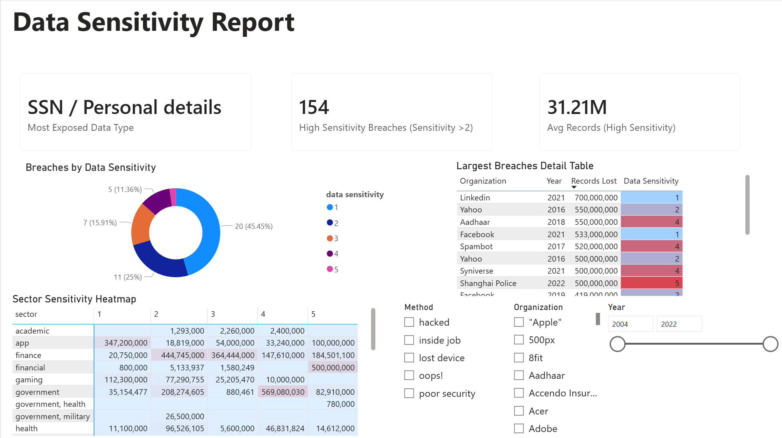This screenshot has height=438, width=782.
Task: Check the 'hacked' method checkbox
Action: click(x=409, y=322)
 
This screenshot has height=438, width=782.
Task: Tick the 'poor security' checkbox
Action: click(x=409, y=393)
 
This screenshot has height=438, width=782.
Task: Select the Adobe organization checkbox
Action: click(x=519, y=428)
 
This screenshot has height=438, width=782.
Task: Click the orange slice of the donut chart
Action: click(x=142, y=225)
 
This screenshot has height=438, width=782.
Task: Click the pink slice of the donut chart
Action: click(x=173, y=197)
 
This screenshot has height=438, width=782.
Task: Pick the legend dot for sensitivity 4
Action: click(x=330, y=254)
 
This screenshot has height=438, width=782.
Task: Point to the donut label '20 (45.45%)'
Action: click(x=254, y=226)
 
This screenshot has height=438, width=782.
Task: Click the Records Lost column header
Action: click(x=594, y=181)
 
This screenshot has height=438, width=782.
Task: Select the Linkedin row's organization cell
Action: click(x=475, y=198)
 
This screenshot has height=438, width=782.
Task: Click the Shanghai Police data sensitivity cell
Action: click(x=651, y=283)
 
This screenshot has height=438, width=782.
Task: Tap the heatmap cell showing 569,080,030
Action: click(x=283, y=392)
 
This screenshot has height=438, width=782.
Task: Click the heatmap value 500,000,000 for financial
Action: click(x=333, y=368)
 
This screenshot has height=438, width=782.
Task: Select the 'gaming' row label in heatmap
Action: click(x=29, y=380)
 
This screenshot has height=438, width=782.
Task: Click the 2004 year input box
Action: click(x=630, y=324)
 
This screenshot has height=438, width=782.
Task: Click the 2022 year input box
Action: click(x=679, y=324)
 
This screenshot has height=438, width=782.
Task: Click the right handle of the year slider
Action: click(x=770, y=344)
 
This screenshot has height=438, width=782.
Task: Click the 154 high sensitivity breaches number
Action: click(x=314, y=107)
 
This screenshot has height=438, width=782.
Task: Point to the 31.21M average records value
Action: click(x=577, y=107)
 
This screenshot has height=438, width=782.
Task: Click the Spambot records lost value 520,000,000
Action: click(x=596, y=246)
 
